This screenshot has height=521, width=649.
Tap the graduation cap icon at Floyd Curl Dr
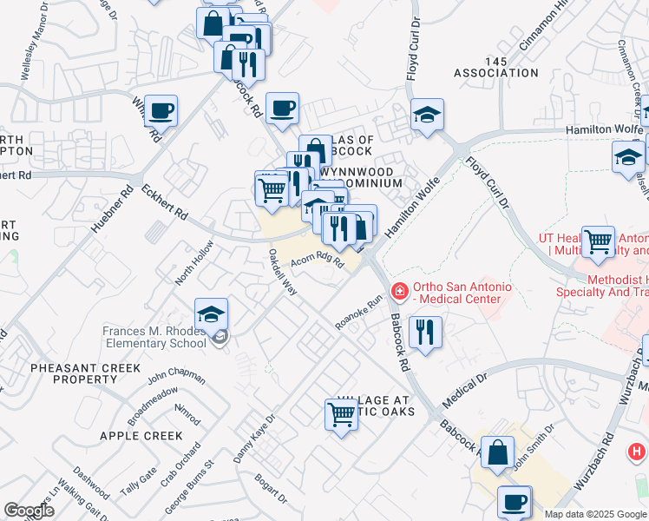(427, 115)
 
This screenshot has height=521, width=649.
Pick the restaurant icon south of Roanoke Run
(425, 333)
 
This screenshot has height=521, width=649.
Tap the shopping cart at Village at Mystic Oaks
(341, 416)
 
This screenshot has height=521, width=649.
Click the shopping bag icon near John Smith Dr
(497, 452)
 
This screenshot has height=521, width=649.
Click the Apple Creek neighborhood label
(141, 436)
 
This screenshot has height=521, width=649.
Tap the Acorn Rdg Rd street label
(318, 260)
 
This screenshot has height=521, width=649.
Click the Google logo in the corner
(29, 511)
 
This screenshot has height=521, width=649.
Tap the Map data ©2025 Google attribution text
(595, 514)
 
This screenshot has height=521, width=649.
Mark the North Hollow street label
(193, 263)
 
